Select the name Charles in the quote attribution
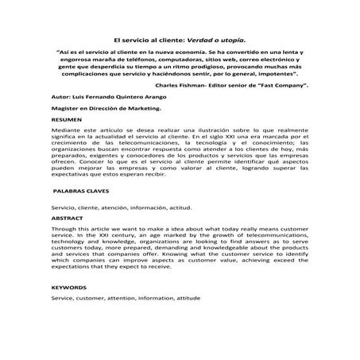(x=169, y=83)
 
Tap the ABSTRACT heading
(x=64, y=216)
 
